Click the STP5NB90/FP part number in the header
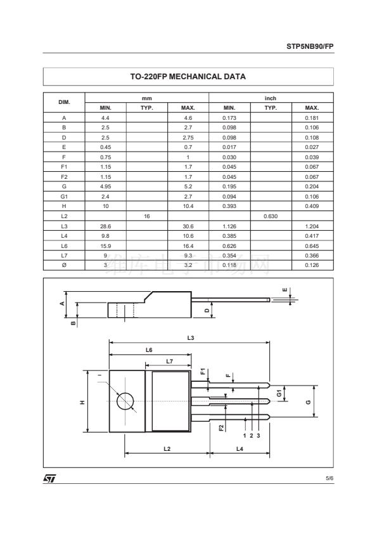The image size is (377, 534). pos(310,46)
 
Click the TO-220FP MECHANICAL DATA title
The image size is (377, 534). pos(188,76)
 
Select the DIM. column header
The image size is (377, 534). pos(64,102)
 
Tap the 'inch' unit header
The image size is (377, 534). pos(271,98)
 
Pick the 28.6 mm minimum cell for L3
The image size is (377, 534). pos(105,226)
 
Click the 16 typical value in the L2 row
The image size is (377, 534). pos(146,216)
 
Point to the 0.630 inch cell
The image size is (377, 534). pos(271,216)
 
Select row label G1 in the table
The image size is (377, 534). pos(64,197)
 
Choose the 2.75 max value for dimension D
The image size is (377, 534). pos(188,138)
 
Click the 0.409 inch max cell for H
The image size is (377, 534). pos(312,206)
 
